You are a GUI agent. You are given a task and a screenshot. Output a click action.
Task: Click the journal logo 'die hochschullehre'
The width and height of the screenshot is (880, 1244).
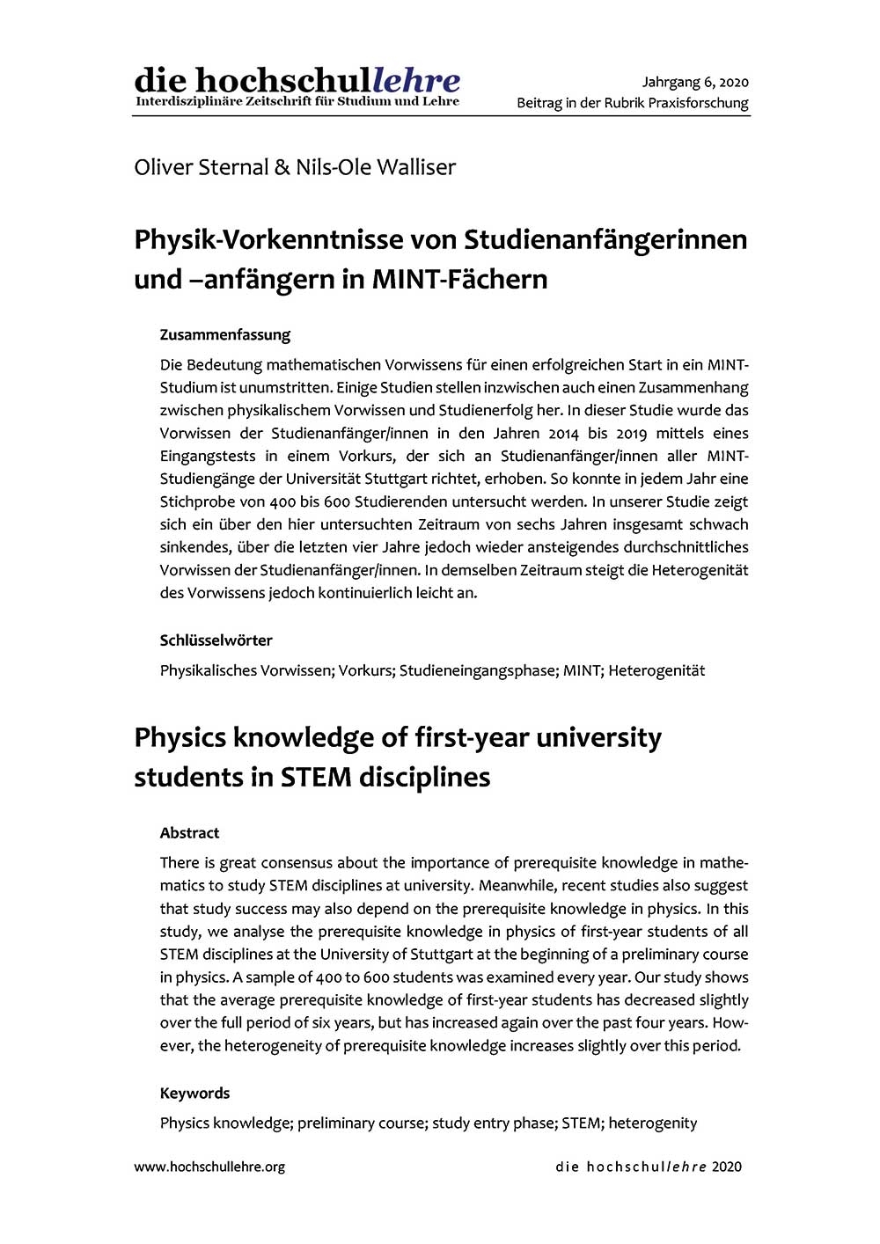click(x=297, y=80)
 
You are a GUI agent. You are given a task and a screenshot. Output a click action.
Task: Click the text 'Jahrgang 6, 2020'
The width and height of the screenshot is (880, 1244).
click(x=695, y=83)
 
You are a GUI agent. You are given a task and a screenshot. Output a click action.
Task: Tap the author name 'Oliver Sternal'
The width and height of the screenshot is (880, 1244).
click(x=202, y=167)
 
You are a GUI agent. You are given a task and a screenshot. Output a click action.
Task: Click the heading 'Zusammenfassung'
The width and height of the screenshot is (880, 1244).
click(x=224, y=334)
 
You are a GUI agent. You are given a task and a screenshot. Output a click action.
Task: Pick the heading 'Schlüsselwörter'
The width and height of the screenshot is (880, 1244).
click(x=216, y=640)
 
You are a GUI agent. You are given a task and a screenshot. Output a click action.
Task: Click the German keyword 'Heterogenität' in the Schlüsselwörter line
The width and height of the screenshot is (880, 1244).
click(x=656, y=670)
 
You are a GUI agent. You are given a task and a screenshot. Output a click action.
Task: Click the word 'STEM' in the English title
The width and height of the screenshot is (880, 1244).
click(x=317, y=777)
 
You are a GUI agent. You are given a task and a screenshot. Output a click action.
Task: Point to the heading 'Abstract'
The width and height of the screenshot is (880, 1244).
click(x=189, y=832)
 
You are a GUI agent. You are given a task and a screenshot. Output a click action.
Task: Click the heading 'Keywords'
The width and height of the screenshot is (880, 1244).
click(x=194, y=1093)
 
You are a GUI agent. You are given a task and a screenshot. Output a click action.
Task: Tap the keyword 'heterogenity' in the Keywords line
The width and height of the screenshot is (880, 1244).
click(x=652, y=1123)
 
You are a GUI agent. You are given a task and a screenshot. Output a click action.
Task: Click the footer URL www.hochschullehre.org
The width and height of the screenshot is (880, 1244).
click(x=209, y=1167)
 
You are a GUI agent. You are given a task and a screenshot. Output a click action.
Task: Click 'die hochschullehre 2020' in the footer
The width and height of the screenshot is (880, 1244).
click(x=649, y=1167)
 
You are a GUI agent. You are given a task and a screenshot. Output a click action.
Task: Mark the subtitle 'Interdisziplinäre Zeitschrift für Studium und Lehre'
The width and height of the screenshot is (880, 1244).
click(x=297, y=101)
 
